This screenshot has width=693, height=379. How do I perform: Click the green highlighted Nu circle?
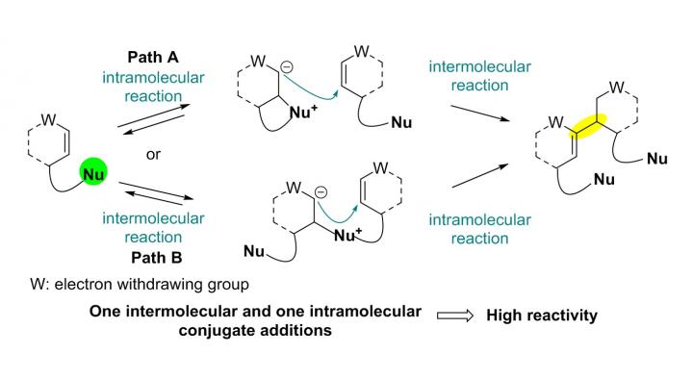click(94, 176)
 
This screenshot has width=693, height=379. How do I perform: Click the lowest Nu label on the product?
click(601, 179)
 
